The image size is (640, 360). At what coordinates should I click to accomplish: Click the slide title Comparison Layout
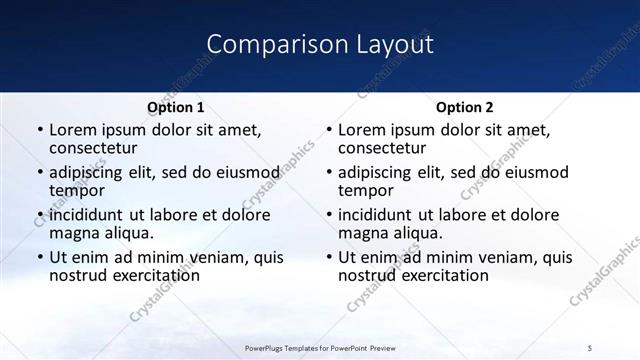point(320,44)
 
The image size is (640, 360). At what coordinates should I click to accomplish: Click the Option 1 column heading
point(176,107)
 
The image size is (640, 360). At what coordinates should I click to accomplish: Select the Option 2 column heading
point(464,107)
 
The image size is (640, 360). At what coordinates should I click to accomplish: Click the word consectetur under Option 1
point(95,149)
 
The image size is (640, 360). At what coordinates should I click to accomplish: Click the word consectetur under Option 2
point(384,149)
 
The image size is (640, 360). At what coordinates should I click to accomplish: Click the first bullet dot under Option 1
point(39,130)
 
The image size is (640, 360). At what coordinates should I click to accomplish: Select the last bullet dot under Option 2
point(328,257)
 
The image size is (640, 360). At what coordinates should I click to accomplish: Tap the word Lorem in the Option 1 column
point(72,130)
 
